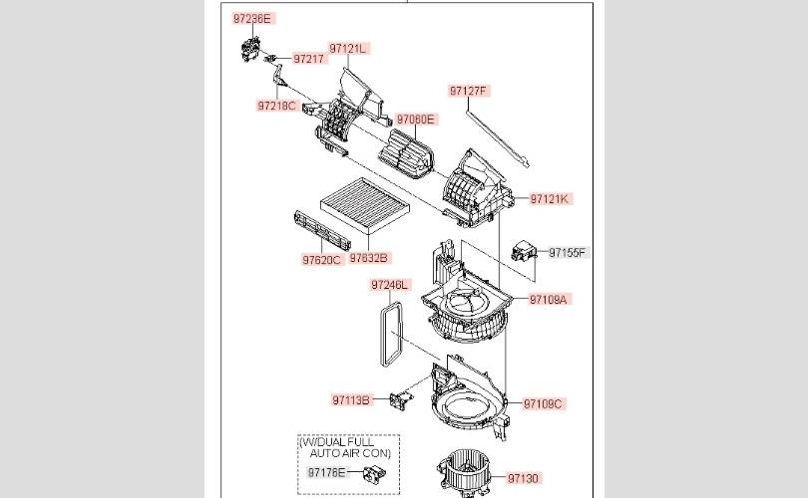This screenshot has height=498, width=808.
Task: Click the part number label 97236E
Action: tap(252, 19)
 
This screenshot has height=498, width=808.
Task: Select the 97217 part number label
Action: tap(309, 59)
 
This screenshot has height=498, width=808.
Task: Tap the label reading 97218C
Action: tap(276, 105)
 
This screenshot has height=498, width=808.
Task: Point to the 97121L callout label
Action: tap(348, 48)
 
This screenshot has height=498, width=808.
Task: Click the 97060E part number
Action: tap(416, 120)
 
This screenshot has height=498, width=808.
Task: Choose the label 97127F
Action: tap(468, 91)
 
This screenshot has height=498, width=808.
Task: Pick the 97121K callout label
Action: tap(549, 199)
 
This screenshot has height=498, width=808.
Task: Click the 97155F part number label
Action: tap(568, 253)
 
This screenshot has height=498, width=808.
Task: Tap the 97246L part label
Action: tap(390, 285)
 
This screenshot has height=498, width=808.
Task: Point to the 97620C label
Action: tap(322, 260)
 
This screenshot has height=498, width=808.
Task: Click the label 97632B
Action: tap(369, 258)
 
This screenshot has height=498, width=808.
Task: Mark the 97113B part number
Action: tap(352, 400)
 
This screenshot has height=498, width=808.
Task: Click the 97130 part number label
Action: tap(523, 478)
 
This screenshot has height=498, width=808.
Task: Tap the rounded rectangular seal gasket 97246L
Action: tap(391, 330)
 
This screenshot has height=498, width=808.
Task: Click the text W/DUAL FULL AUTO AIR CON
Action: tap(349, 446)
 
